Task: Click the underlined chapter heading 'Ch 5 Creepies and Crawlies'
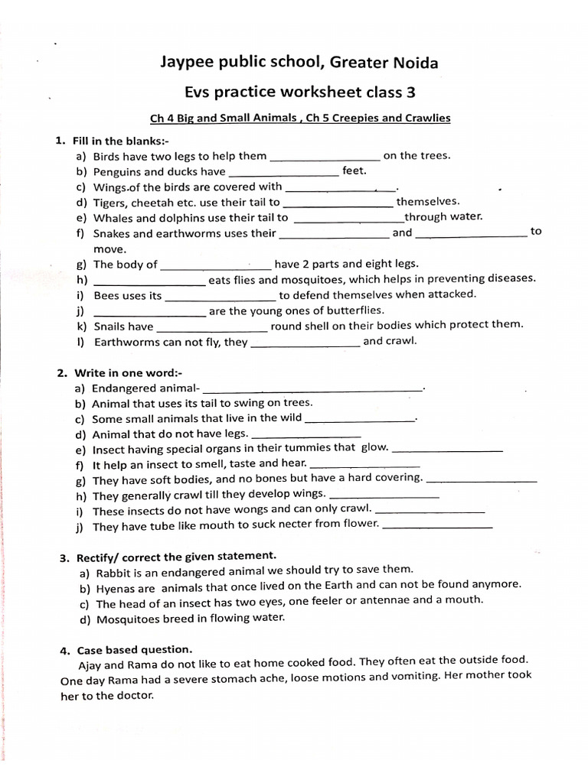(378, 119)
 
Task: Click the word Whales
(113, 218)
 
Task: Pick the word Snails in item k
(110, 327)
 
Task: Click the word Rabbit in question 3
(114, 570)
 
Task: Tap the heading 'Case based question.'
(130, 650)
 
